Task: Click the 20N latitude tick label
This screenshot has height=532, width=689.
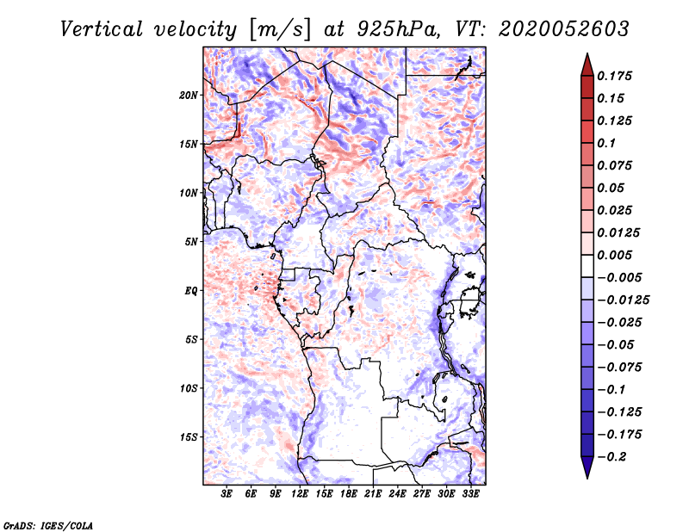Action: (x=189, y=95)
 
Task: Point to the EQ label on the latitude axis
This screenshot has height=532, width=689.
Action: (x=192, y=291)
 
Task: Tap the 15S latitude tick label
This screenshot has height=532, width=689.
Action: (x=189, y=437)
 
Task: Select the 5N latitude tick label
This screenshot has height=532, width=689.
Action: (x=191, y=242)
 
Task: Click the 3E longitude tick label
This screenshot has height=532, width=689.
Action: (x=227, y=494)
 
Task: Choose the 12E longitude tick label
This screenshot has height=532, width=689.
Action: (x=301, y=494)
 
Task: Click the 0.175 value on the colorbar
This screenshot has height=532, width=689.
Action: (x=617, y=76)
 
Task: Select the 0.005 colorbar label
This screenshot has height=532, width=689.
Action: (x=617, y=255)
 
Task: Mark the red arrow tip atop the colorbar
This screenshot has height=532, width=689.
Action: (x=587, y=59)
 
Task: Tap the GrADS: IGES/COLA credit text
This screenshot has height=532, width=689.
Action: (x=47, y=524)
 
